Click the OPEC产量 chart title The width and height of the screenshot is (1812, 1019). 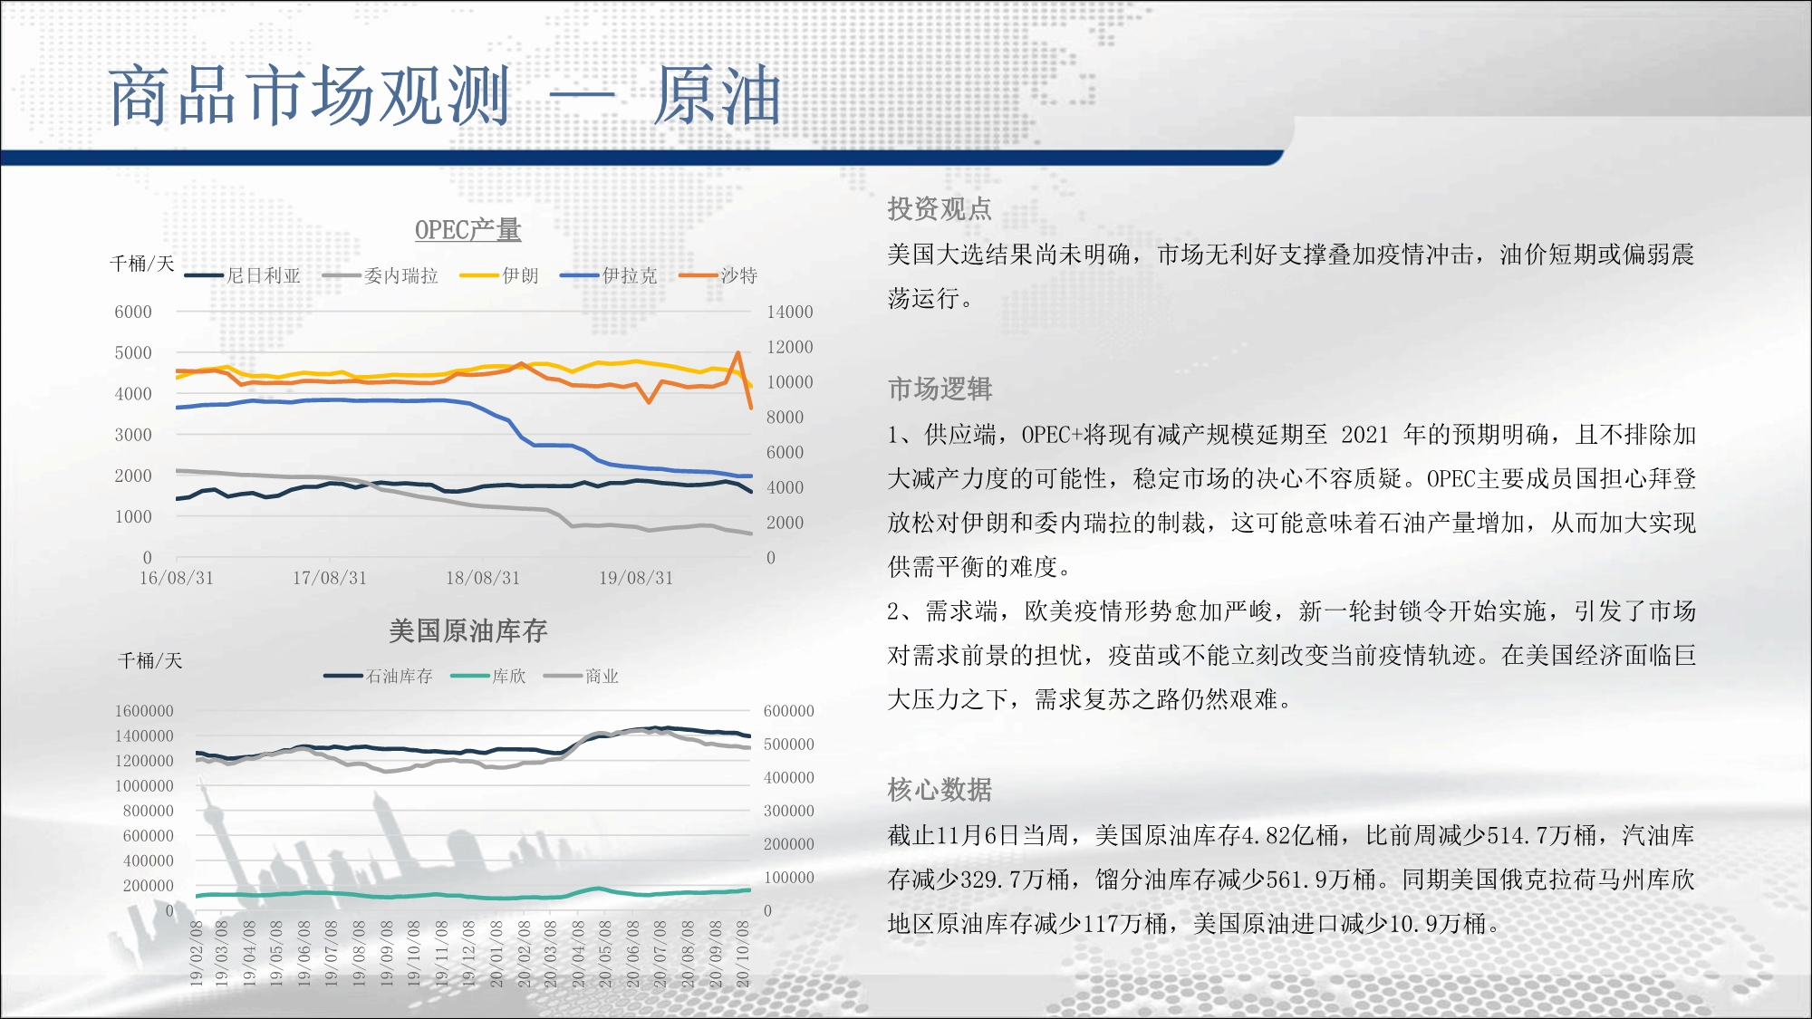coord(467,230)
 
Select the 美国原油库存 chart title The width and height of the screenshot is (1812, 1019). coord(467,630)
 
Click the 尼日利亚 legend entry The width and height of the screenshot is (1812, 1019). coord(243,275)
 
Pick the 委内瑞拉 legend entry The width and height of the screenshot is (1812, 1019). coord(381,275)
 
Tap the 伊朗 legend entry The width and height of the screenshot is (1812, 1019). coord(499,275)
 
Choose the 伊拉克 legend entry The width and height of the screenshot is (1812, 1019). coord(609,275)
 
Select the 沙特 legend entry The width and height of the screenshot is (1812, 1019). coord(718,275)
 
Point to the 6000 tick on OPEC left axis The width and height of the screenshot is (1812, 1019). coord(133,312)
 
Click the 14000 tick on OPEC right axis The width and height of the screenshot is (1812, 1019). coord(790,312)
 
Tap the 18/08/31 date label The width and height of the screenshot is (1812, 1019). coord(483,578)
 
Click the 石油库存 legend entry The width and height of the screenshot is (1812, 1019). coord(379,676)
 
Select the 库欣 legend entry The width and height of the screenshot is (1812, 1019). coord(488,676)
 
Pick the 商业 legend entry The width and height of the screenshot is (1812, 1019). coord(582,676)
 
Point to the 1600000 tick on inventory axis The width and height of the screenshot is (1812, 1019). coord(144,711)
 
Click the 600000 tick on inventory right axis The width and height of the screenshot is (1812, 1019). coord(789,711)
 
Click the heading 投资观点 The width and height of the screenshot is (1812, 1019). coord(940,209)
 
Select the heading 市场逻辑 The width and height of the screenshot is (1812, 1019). coord(940,389)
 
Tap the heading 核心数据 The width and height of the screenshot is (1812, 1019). coord(940,790)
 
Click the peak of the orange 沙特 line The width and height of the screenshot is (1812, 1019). coord(738,352)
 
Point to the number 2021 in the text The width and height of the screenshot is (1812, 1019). coord(1364,435)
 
